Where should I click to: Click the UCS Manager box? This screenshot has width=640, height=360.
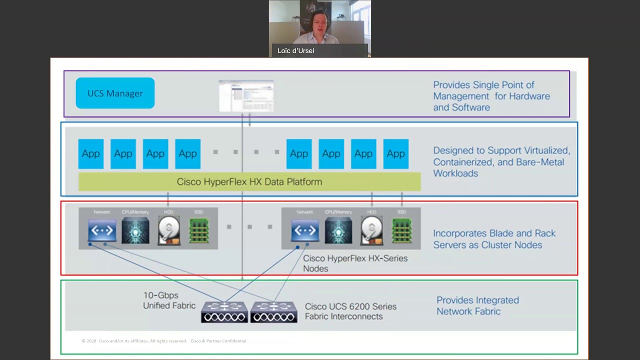(115, 93)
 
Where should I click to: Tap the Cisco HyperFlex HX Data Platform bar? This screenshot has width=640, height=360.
(249, 182)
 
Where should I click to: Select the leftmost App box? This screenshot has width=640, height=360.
(91, 154)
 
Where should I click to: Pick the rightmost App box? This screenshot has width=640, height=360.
(395, 154)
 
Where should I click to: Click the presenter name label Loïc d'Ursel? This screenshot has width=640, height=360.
(295, 50)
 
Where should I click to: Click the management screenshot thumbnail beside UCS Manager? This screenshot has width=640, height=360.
(246, 95)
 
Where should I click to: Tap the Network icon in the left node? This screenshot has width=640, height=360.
(102, 230)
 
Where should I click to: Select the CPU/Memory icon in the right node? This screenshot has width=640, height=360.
(338, 230)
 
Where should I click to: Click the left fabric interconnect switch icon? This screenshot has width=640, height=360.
(224, 312)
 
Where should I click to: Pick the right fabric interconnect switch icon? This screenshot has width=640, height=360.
(273, 312)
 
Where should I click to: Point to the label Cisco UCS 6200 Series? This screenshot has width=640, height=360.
(350, 306)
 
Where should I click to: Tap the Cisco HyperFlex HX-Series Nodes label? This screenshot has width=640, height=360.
(354, 263)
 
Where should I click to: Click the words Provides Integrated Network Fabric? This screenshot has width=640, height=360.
(477, 305)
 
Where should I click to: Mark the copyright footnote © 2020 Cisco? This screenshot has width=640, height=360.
(164, 341)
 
